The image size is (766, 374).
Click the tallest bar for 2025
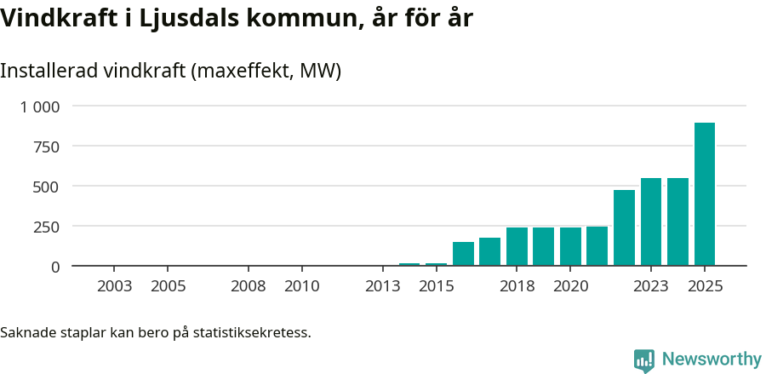pyautogui.click(x=704, y=194)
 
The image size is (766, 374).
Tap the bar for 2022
pyautogui.click(x=624, y=227)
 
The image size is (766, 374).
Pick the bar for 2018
pyautogui.click(x=517, y=246)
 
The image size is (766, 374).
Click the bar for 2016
pyautogui.click(x=463, y=254)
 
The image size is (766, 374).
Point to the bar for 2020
pyautogui.click(x=570, y=246)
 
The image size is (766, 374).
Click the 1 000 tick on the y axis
pyautogui.click(x=40, y=106)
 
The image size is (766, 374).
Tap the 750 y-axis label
pyautogui.click(x=47, y=147)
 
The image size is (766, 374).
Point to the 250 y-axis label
pyautogui.click(x=47, y=227)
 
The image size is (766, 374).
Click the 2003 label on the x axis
pyautogui.click(x=115, y=286)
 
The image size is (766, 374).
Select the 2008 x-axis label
pyautogui.click(x=249, y=286)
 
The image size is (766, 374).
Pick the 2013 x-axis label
pyautogui.click(x=383, y=286)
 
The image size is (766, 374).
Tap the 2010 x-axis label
pyautogui.click(x=302, y=286)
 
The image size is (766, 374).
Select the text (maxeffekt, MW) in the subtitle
pyautogui.click(x=266, y=71)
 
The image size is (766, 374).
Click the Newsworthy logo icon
pyautogui.click(x=644, y=360)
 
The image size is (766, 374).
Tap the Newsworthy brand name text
pyautogui.click(x=711, y=360)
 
